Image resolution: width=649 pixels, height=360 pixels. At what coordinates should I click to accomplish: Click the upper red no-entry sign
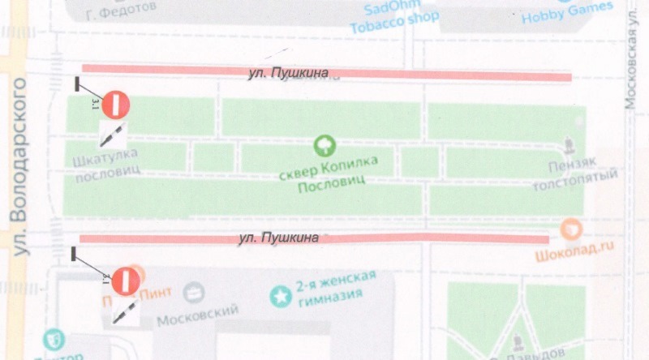(x=116, y=104)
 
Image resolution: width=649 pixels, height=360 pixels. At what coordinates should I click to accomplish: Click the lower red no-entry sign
(x=126, y=281)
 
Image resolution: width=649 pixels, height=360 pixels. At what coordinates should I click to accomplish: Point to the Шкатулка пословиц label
(x=106, y=161)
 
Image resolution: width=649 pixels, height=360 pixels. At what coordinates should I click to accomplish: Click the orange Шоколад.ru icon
(x=571, y=229)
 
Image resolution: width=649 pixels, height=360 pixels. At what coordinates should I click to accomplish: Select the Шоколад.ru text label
(x=572, y=251)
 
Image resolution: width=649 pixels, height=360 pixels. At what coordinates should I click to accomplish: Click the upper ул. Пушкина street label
(x=288, y=75)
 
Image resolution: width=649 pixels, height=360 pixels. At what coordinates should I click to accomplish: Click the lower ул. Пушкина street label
(x=277, y=238)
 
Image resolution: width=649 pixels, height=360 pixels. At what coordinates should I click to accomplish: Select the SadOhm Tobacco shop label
(x=394, y=16)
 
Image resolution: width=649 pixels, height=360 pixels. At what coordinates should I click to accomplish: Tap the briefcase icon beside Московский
(x=194, y=293)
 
